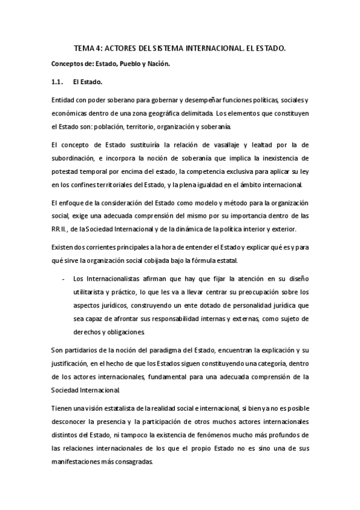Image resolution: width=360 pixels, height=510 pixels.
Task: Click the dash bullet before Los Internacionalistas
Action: click(x=64, y=278)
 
